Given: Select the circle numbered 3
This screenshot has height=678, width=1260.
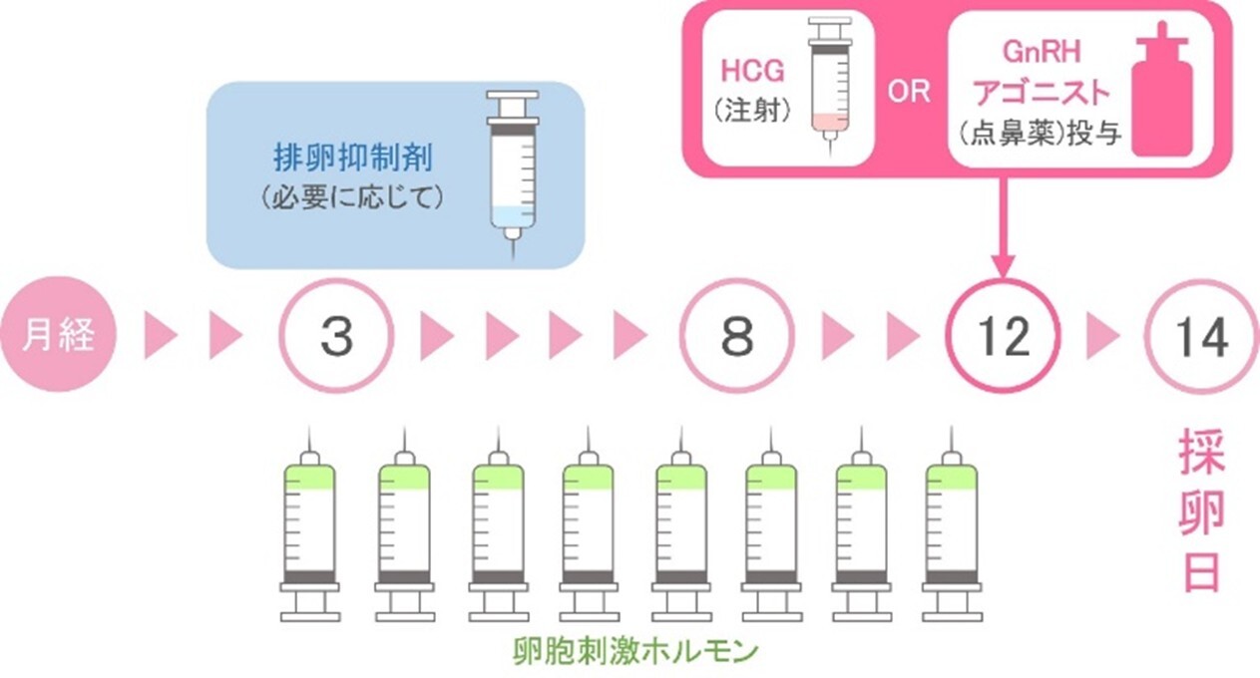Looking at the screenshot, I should [336, 337].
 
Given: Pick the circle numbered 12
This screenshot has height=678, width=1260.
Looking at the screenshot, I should [1004, 337].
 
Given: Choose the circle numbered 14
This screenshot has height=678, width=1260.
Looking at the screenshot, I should [1201, 337].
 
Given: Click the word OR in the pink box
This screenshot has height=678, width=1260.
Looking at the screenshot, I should [909, 92].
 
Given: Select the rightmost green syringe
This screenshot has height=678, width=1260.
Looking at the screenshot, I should [950, 528].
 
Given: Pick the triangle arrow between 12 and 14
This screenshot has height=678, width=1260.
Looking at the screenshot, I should [1102, 337].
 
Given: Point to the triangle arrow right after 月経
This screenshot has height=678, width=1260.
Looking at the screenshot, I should [160, 337].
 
